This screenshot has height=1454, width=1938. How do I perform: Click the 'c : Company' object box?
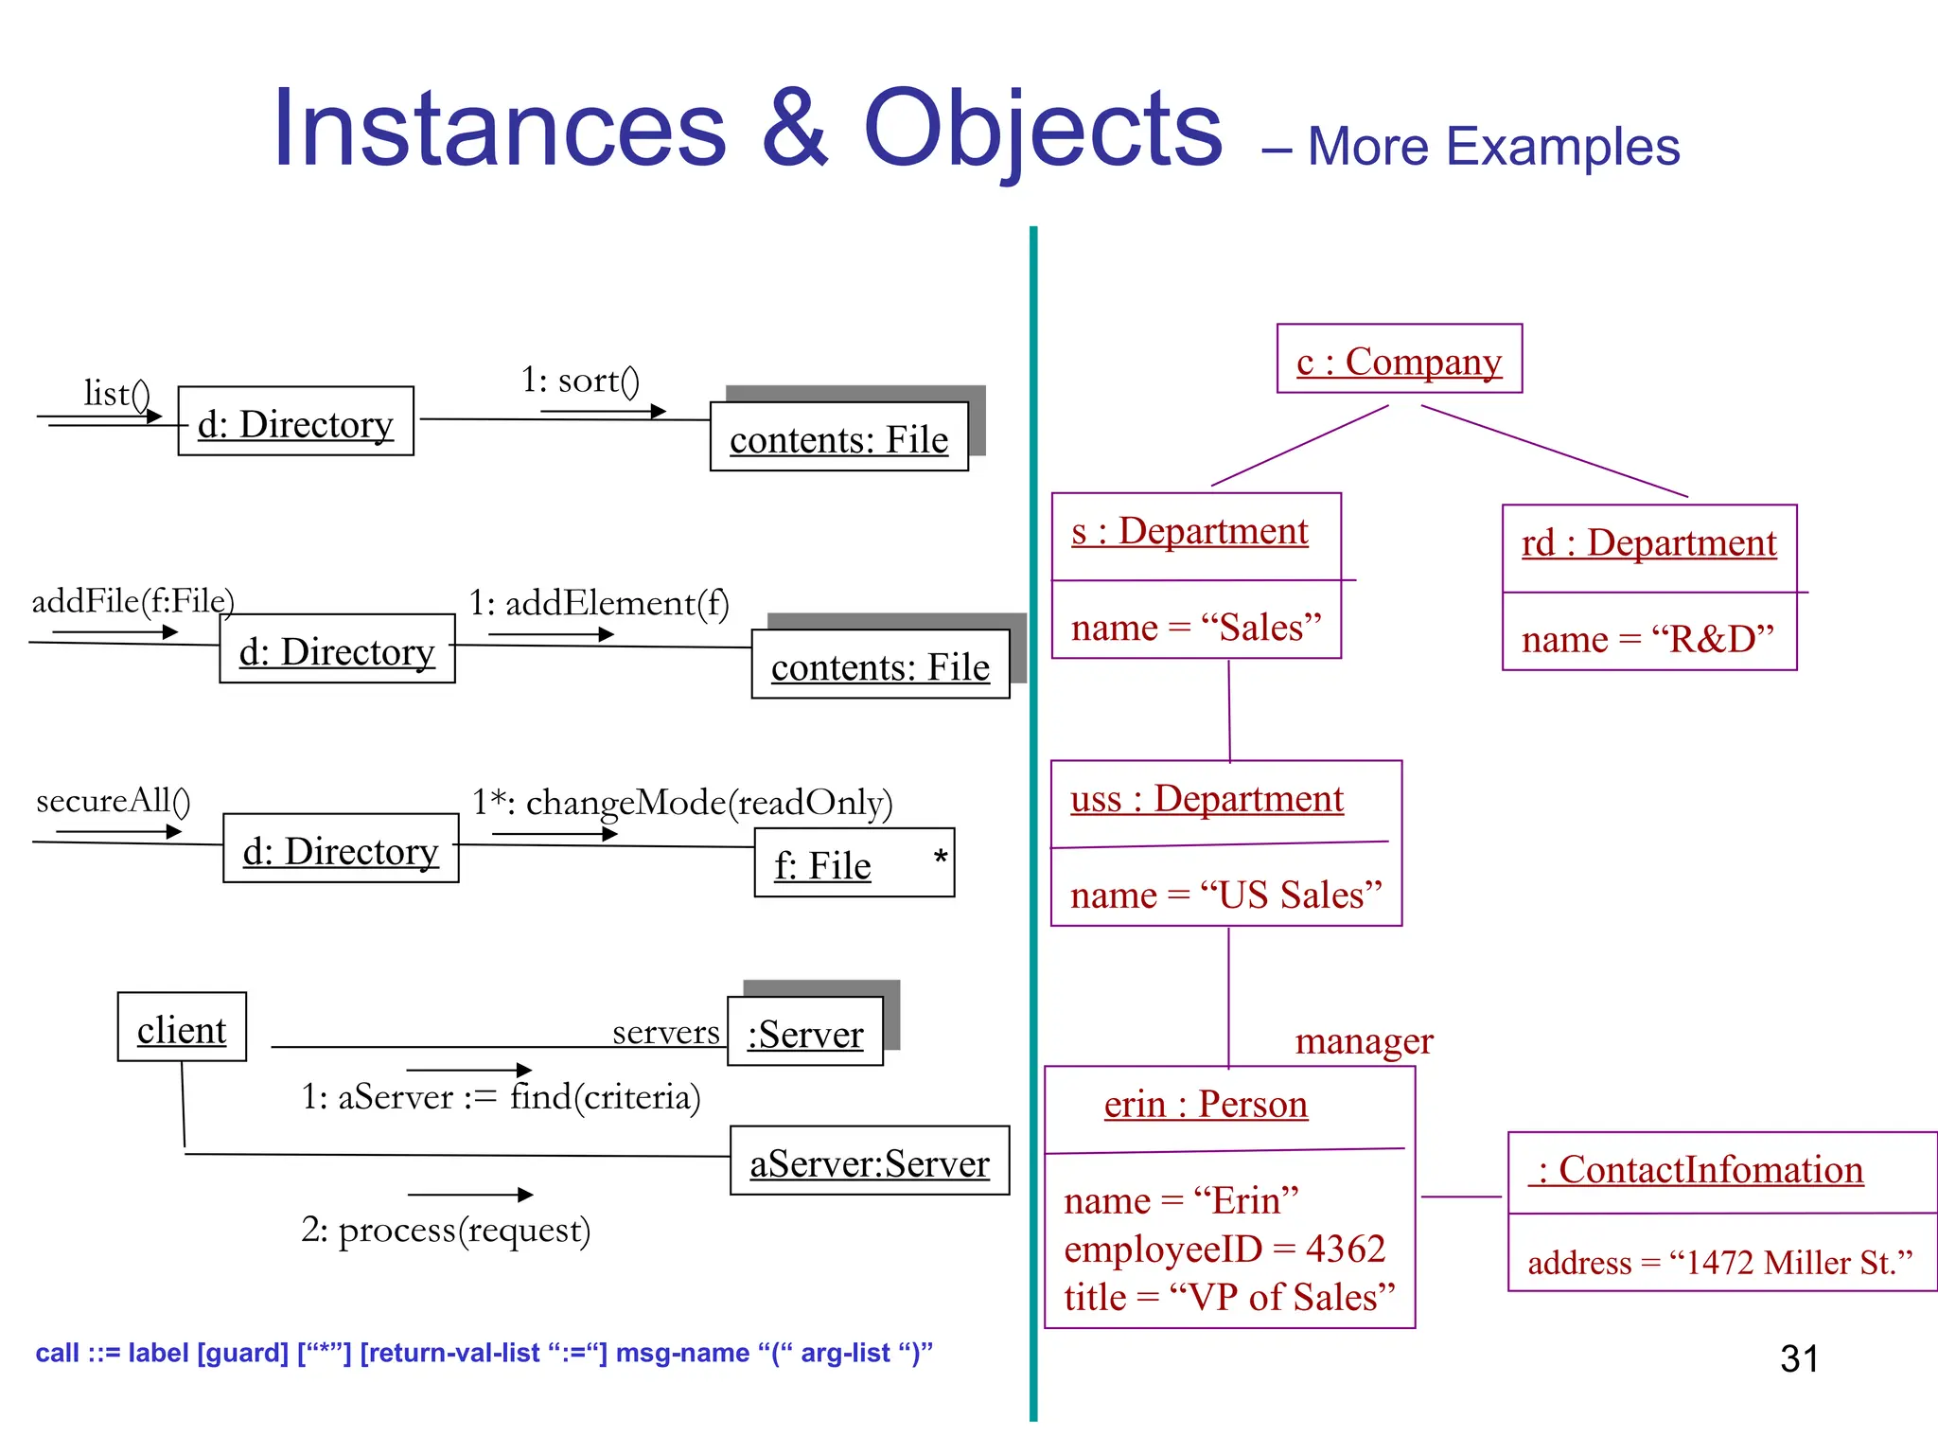(x=1399, y=360)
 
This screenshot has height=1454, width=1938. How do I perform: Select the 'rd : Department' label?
(x=1648, y=543)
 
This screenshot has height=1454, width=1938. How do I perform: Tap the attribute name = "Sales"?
(x=1196, y=628)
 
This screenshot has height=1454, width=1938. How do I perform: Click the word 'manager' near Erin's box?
(x=1364, y=1041)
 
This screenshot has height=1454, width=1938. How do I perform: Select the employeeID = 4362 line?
(x=1224, y=1250)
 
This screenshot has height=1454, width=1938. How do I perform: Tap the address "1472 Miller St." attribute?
(x=1719, y=1263)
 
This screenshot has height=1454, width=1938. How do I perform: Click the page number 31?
(x=1799, y=1359)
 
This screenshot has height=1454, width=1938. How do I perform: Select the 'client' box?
(x=182, y=1029)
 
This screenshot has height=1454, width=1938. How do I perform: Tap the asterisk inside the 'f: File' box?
(x=940, y=859)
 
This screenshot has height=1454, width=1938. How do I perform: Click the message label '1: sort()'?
(x=580, y=381)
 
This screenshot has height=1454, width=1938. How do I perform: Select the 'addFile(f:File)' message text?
(x=132, y=601)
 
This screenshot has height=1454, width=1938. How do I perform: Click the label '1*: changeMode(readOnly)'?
(x=681, y=803)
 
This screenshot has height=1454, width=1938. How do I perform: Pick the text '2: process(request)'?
(x=446, y=1230)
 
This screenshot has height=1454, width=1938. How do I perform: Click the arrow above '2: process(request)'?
(x=470, y=1195)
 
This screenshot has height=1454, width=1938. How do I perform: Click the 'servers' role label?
(x=665, y=1032)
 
